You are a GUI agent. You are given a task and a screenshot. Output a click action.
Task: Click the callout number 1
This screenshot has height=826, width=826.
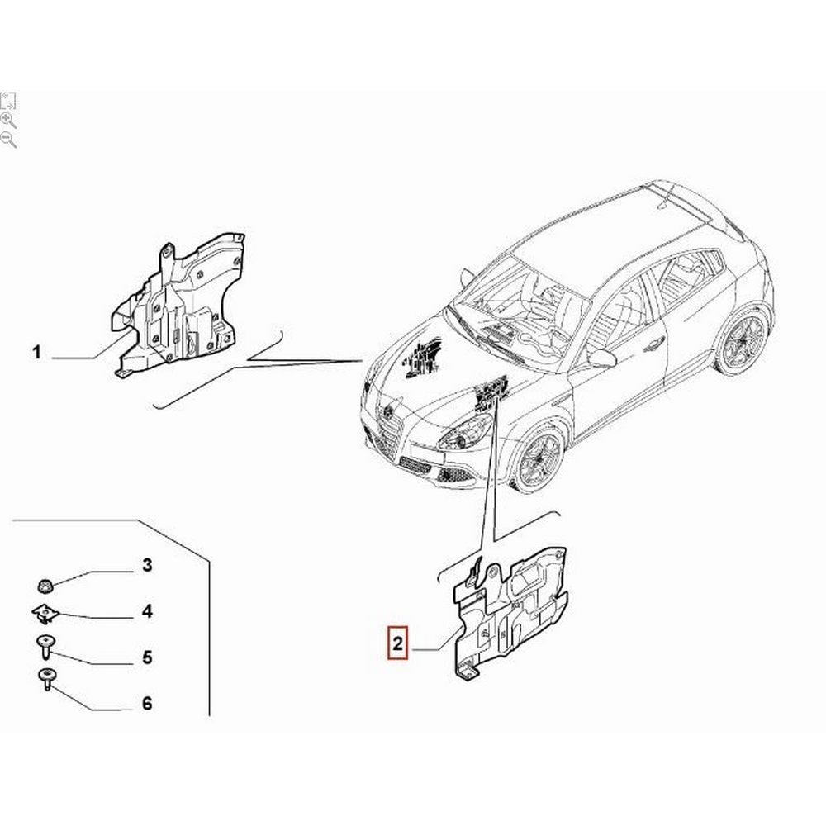pos(36,352)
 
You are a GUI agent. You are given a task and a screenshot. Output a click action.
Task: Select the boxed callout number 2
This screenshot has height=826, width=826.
pos(398,643)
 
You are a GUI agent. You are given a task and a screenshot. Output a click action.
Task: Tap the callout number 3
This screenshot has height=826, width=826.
pos(147,565)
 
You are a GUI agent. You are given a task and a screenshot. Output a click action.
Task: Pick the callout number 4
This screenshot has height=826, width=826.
pos(147,611)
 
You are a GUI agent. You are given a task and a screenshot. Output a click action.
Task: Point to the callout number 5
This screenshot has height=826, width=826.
pos(147,657)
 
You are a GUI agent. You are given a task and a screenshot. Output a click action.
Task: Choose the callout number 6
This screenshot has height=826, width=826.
pos(147,703)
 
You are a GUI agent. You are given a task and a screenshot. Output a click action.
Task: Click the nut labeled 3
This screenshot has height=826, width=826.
pos(45,584)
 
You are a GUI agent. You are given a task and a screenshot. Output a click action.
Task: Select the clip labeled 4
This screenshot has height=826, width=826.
pos(45,614)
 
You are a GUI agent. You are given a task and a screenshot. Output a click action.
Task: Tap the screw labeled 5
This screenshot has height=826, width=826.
pos(45,647)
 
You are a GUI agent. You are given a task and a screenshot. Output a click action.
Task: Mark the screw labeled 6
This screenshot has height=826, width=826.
pos(47,680)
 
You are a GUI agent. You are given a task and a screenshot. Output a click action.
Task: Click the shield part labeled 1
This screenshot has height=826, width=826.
pos(173,306)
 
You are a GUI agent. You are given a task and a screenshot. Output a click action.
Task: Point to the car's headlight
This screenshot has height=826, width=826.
pos(466,431)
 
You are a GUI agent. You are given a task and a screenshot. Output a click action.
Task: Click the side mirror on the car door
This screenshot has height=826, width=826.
pos(601,358)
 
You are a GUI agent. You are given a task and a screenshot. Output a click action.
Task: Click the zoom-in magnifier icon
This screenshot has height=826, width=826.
pos(8,121)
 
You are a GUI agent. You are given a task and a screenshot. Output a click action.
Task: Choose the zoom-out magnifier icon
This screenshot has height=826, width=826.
pos(8,140)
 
